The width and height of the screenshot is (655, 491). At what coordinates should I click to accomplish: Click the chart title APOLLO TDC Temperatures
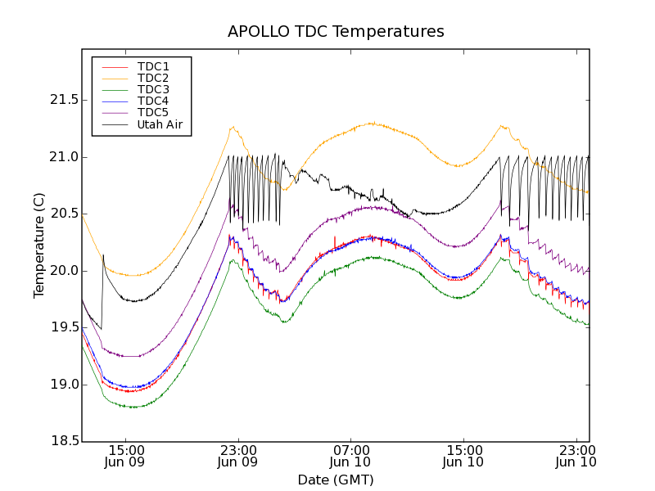[336, 32]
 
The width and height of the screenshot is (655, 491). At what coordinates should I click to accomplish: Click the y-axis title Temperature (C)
[39, 245]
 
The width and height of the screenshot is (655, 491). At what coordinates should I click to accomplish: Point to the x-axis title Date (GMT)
[336, 480]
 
